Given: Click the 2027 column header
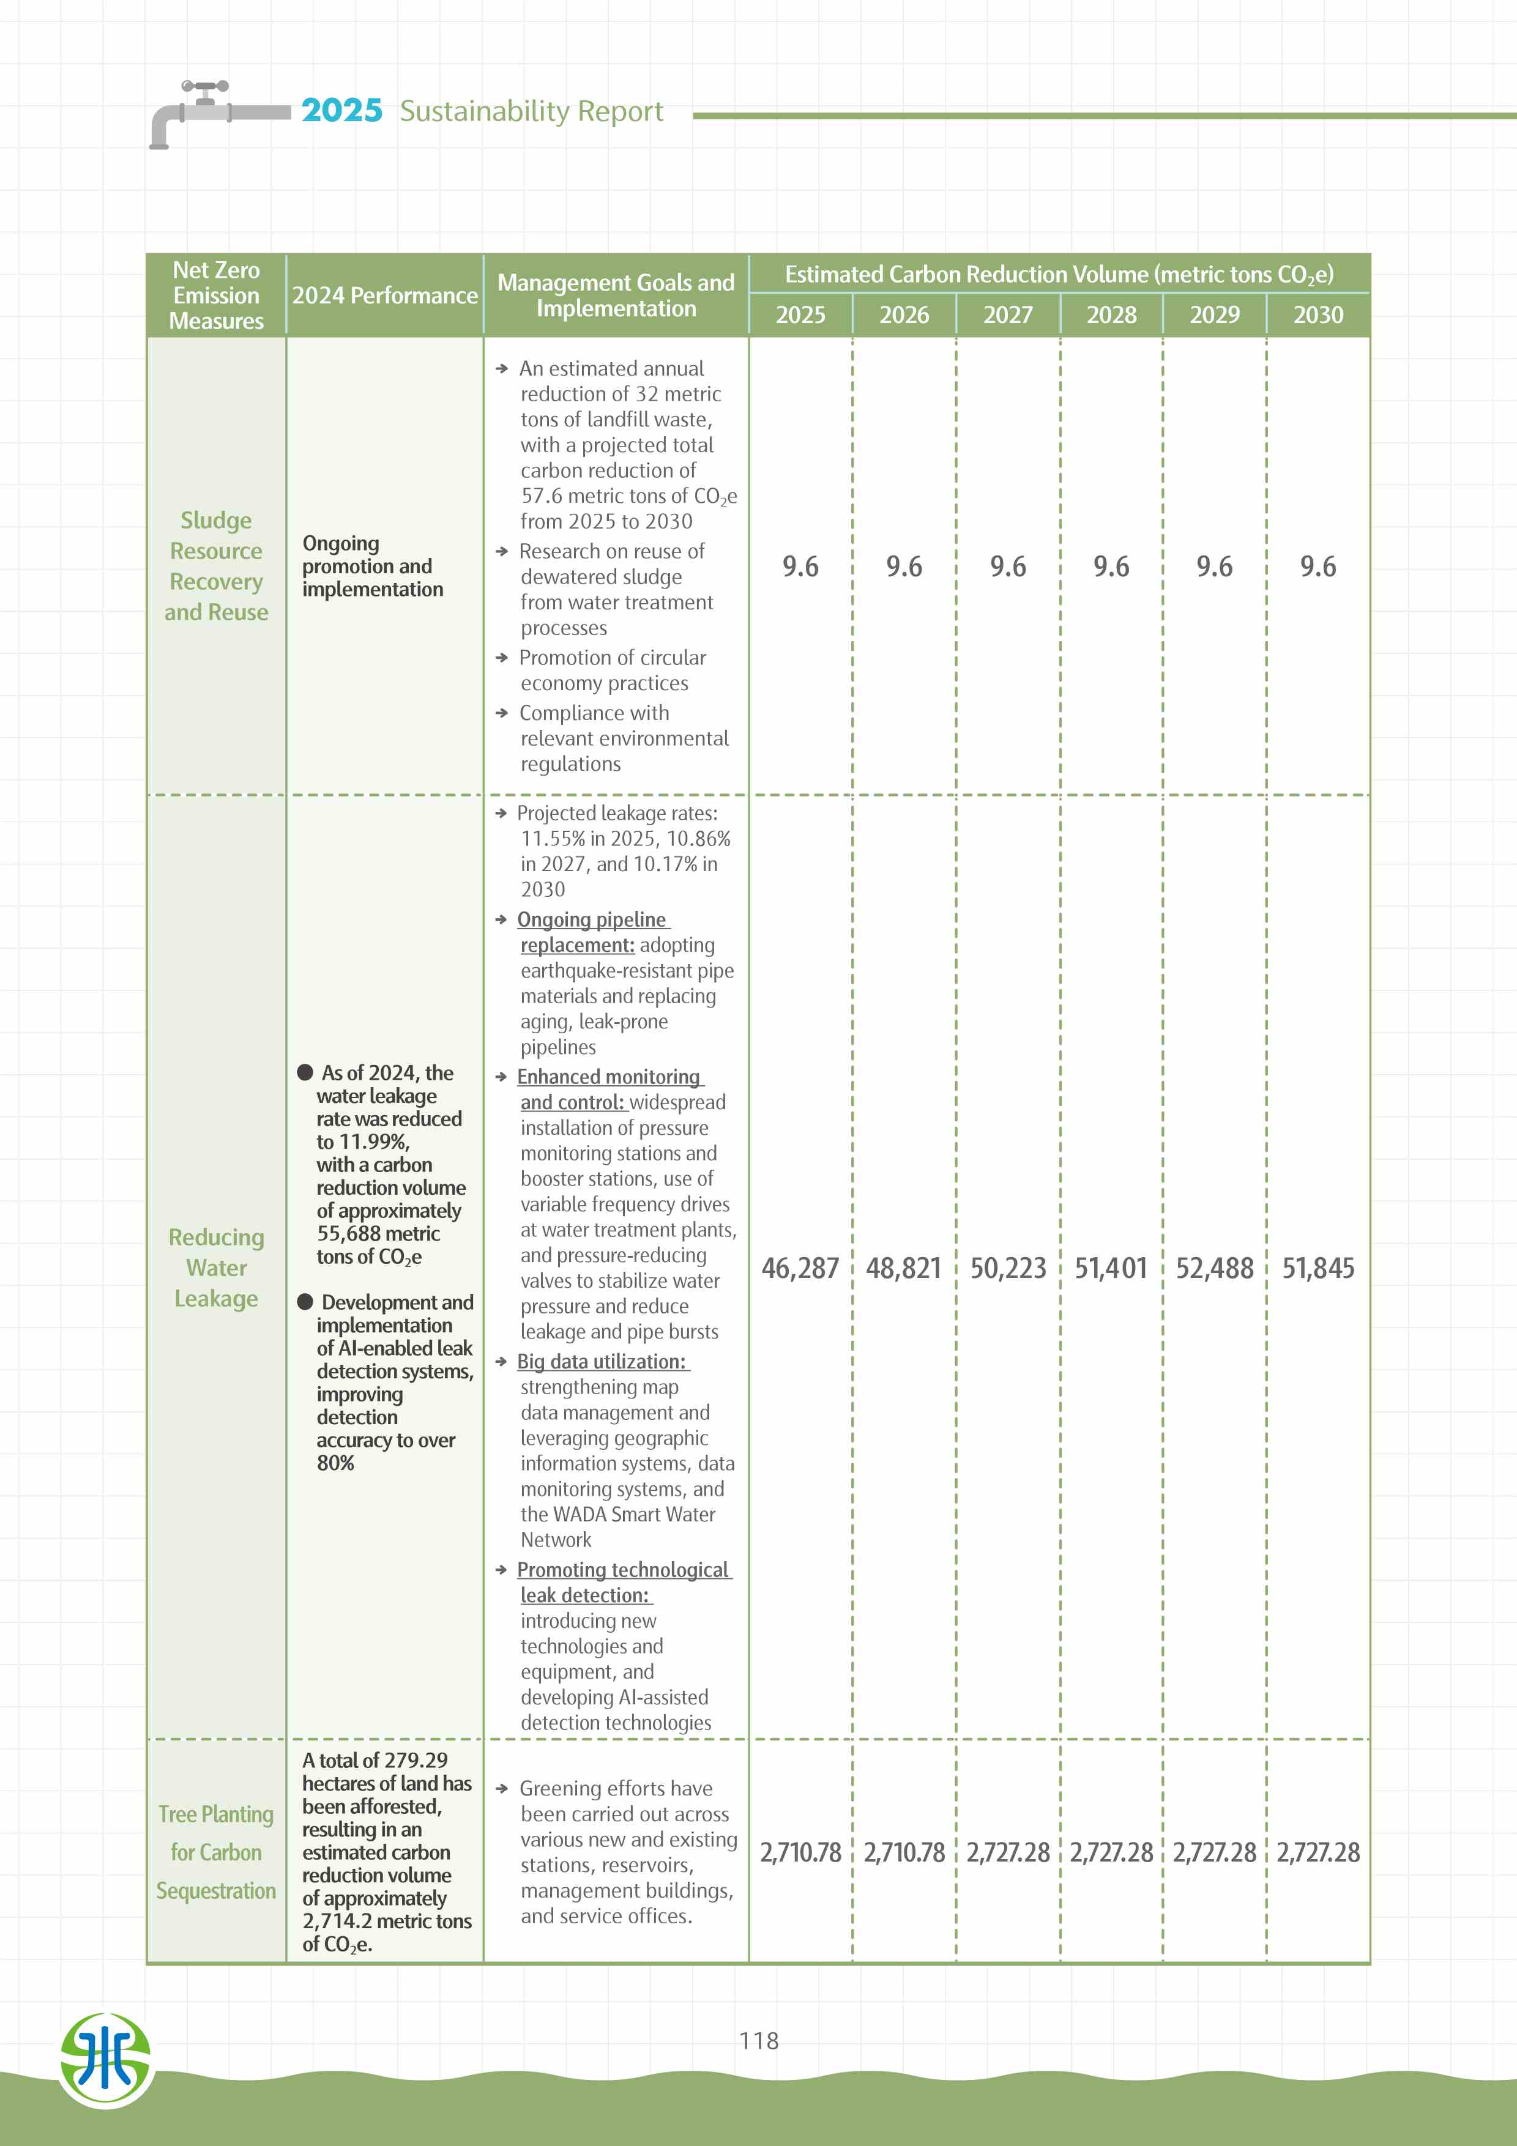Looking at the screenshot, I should tap(1008, 315).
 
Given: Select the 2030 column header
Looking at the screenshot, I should tap(1318, 315).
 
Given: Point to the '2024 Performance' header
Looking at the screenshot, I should tap(384, 295).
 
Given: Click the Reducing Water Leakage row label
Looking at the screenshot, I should tap(216, 1268).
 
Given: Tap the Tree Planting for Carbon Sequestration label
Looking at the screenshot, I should tap(216, 1852).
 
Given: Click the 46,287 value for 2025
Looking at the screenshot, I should tap(800, 1268).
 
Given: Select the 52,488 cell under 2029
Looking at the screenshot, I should tap(1214, 1268).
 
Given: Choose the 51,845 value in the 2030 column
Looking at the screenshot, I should tap(1318, 1268).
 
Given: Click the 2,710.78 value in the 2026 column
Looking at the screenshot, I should tap(904, 1852).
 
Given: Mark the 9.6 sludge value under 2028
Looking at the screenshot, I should tap(1111, 566).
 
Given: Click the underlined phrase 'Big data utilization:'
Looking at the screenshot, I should tap(602, 1362).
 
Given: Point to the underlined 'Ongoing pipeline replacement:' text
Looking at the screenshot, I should tap(592, 932).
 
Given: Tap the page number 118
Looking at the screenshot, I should tap(758, 2040).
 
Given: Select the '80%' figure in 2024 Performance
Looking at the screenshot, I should tap(335, 1463).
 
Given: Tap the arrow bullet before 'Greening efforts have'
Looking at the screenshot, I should tap(502, 1789).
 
